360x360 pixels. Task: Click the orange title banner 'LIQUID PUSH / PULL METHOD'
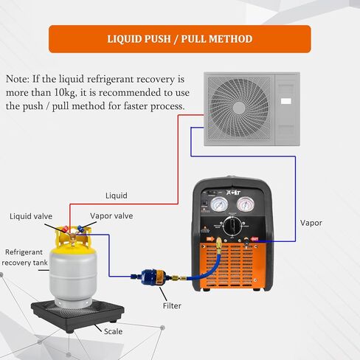180,38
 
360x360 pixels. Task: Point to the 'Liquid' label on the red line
116,195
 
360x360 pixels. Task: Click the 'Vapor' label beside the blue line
311,222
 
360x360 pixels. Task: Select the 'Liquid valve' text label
30,216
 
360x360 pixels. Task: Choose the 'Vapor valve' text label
111,216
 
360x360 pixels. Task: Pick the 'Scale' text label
114,331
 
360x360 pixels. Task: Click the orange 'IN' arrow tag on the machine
211,238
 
